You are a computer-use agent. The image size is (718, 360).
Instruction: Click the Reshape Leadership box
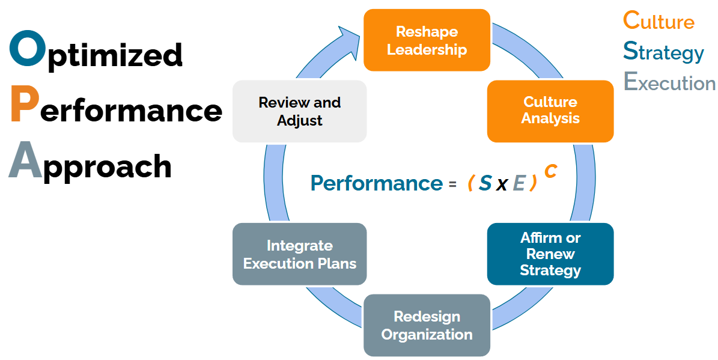(427, 40)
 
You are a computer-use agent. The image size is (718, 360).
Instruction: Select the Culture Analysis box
(550, 111)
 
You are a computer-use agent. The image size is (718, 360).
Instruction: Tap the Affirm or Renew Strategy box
(550, 254)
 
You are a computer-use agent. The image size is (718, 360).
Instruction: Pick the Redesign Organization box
(427, 325)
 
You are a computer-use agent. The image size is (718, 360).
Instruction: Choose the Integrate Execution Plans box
(299, 254)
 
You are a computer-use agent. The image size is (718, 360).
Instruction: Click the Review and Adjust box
(299, 111)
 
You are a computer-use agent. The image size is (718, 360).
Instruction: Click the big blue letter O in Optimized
(28, 49)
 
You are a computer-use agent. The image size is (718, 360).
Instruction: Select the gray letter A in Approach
(26, 160)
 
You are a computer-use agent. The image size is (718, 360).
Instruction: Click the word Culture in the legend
(659, 20)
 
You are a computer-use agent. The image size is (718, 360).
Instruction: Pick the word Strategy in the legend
(663, 52)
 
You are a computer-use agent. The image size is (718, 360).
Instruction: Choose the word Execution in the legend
(669, 82)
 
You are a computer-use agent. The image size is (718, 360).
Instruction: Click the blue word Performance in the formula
(376, 183)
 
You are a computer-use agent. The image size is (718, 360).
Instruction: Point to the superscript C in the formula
(551, 171)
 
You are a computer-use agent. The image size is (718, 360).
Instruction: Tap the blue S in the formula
(485, 183)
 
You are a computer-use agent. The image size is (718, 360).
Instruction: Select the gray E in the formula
(519, 183)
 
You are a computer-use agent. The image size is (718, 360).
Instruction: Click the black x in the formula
(502, 185)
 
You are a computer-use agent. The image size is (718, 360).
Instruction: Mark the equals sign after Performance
(452, 185)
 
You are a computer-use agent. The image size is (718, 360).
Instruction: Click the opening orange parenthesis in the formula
(470, 183)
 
